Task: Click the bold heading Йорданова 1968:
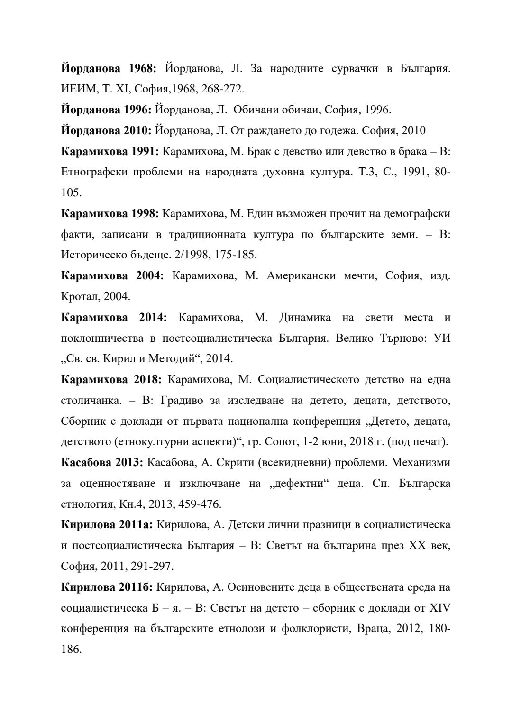click(x=109, y=68)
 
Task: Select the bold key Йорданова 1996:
click(x=106, y=110)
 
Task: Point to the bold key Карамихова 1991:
click(x=110, y=151)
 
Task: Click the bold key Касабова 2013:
click(x=102, y=462)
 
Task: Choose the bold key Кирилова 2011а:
click(x=107, y=524)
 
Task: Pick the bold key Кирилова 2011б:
click(x=107, y=587)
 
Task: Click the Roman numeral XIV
click(x=439, y=607)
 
